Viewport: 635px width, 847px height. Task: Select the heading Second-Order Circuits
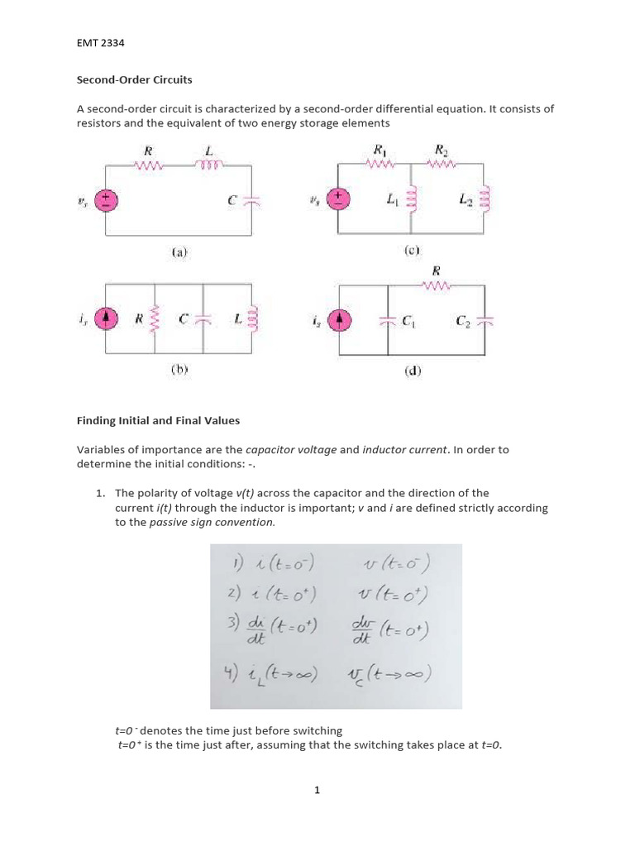point(134,80)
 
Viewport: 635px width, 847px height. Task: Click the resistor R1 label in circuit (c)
point(381,150)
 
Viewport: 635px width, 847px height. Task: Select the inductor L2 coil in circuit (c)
point(485,199)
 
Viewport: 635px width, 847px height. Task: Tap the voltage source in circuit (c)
point(340,199)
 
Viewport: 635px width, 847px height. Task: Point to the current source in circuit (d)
point(339,320)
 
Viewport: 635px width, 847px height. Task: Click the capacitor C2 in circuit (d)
point(487,321)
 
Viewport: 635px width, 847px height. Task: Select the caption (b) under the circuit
point(180,371)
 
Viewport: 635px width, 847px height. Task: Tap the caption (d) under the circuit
point(413,371)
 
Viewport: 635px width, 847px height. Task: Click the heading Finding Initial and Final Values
point(158,420)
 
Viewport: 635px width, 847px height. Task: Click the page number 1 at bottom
point(317,790)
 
